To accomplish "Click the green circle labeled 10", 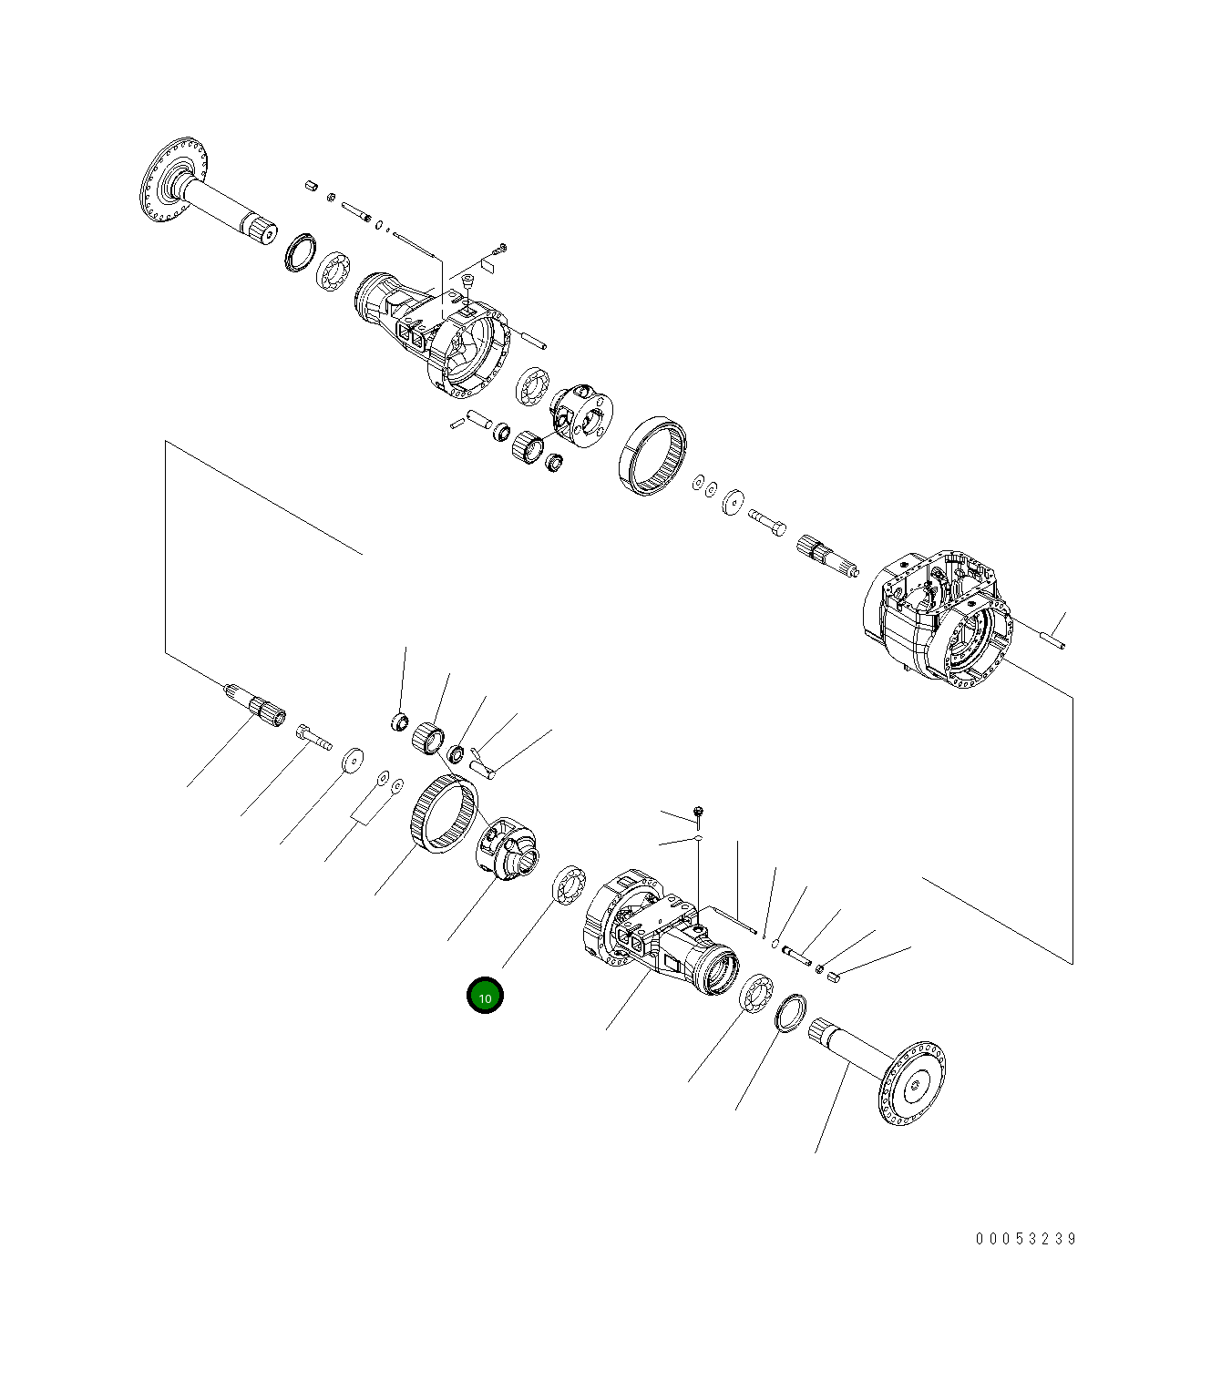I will click(485, 997).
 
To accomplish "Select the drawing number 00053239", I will click(1026, 1239).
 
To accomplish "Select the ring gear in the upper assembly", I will click(652, 456).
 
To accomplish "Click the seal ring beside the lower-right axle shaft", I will click(790, 1013).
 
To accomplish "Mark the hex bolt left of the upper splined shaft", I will click(766, 522).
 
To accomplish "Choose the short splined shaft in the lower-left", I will click(256, 705).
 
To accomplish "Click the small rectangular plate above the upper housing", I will click(487, 265).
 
